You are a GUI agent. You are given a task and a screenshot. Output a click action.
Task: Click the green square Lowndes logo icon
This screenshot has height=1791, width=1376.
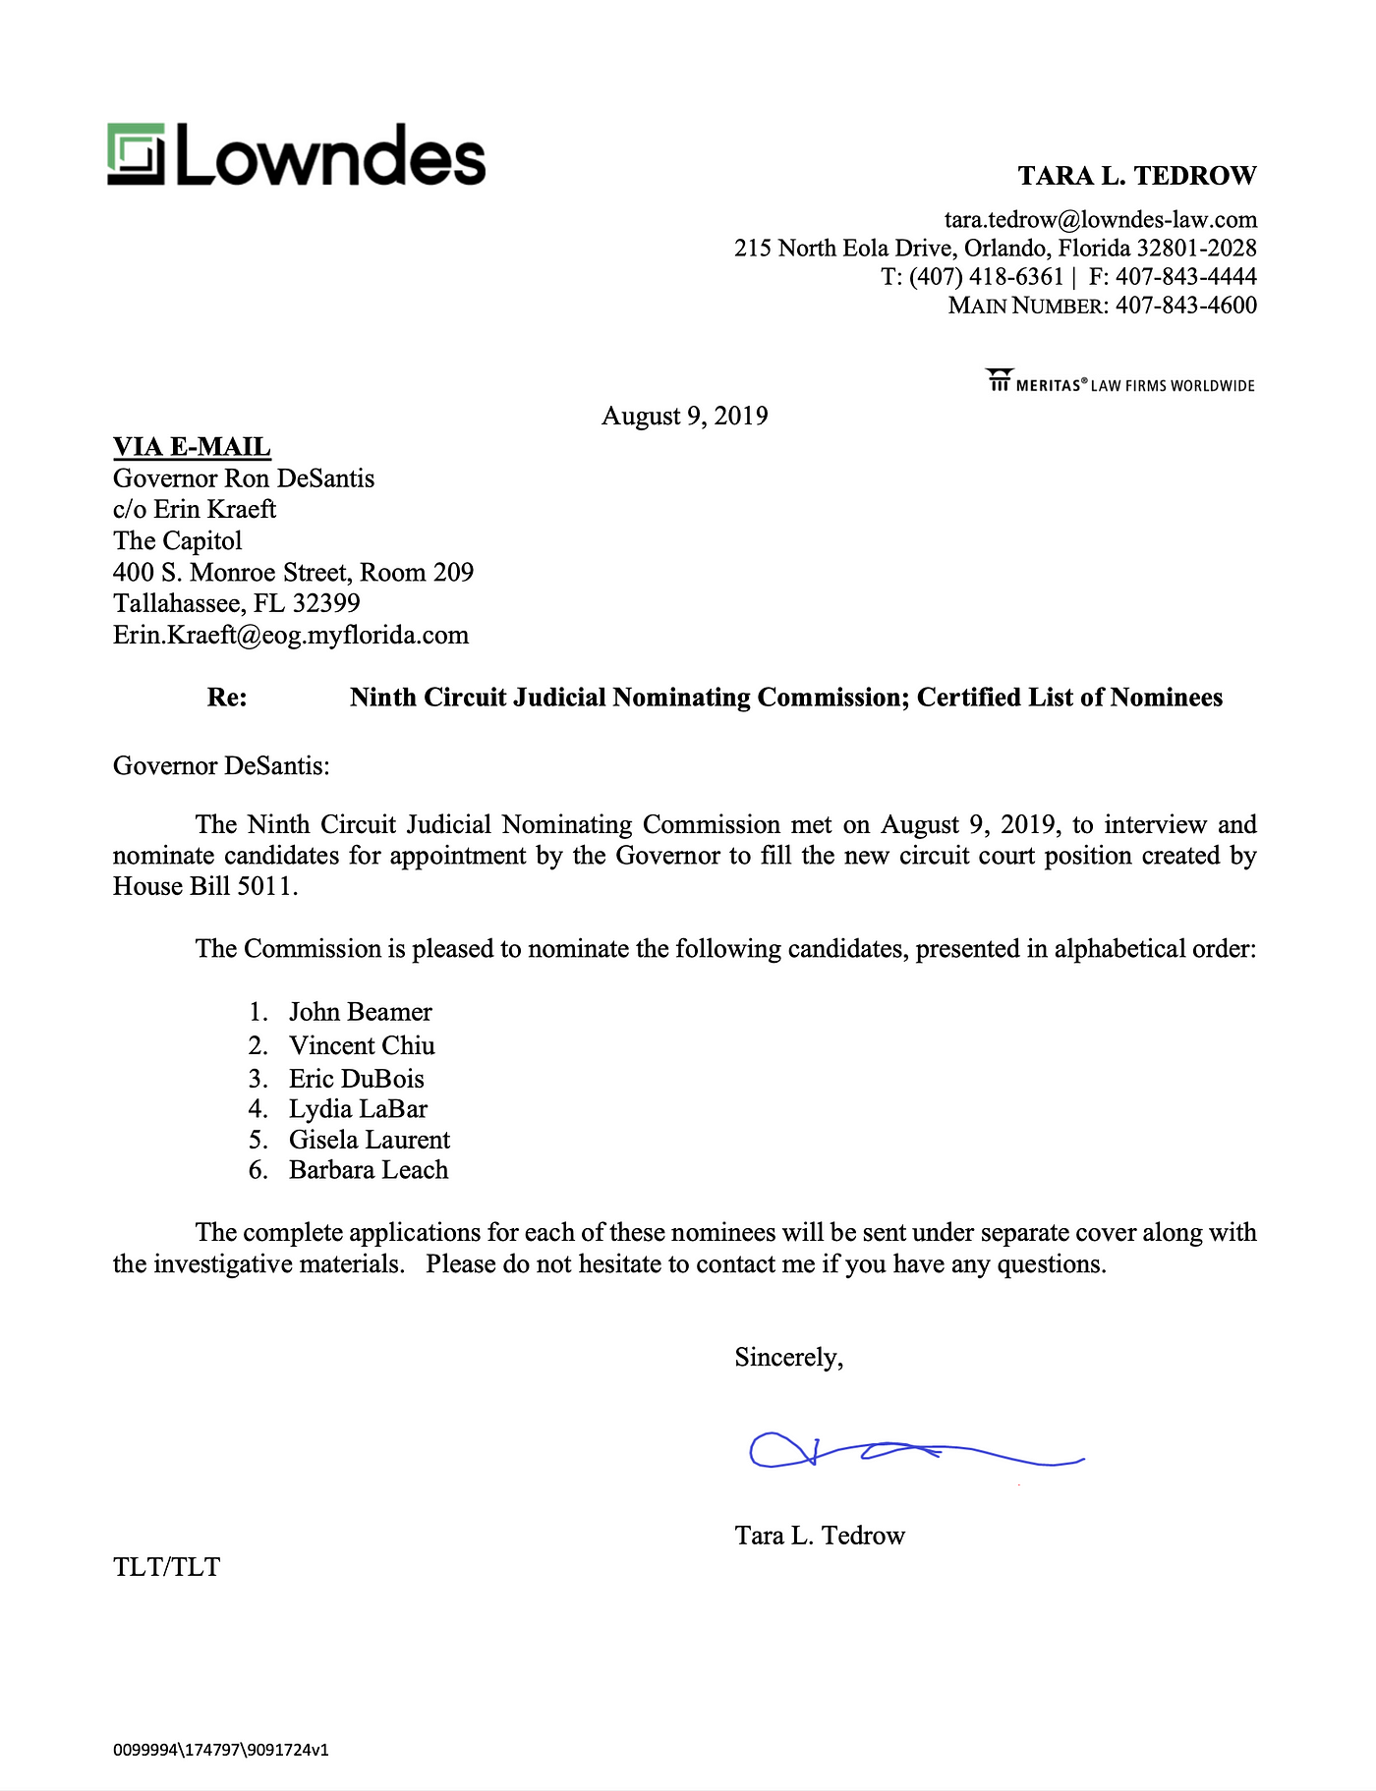[136, 155]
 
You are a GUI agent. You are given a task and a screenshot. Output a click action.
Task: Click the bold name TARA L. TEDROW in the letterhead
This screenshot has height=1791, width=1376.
[1136, 176]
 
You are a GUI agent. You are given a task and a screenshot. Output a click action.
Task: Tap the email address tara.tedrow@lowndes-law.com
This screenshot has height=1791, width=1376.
[1100, 219]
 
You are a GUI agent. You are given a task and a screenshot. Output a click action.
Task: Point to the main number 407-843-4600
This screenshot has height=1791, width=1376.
[1185, 306]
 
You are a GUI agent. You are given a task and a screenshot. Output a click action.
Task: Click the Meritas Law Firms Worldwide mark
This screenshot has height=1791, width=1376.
[1120, 381]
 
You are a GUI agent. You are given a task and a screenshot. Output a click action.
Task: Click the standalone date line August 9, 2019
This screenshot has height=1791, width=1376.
[684, 416]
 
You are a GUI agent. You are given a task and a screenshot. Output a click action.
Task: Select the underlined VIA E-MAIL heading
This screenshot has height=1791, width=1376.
[192, 447]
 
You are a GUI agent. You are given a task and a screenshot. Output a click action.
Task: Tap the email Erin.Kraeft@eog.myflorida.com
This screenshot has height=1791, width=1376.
[291, 635]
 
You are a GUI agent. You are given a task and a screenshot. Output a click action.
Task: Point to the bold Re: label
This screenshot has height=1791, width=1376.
[227, 698]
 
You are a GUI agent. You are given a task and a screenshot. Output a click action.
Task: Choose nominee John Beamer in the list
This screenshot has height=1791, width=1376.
[360, 1012]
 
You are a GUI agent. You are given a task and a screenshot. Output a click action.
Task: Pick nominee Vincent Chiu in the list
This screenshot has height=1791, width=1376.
[362, 1045]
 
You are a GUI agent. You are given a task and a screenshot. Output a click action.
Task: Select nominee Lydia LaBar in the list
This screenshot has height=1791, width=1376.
[358, 1109]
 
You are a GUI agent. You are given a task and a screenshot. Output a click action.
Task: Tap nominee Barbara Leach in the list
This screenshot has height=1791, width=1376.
[369, 1170]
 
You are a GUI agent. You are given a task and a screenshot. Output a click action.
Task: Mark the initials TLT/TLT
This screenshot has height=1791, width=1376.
[166, 1567]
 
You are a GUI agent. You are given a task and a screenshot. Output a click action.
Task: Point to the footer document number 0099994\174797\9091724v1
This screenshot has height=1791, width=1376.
[220, 1749]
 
